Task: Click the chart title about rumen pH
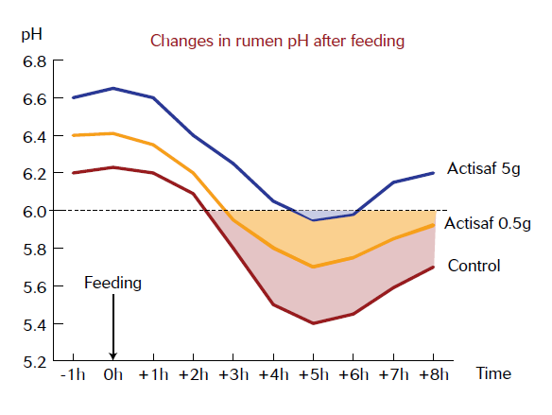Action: [x=277, y=42]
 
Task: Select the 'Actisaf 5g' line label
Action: [x=483, y=168]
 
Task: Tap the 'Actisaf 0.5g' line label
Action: [x=488, y=223]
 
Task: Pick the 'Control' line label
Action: [x=474, y=266]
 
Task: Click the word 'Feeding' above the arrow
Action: [x=112, y=283]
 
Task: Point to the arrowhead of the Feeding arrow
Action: [x=113, y=359]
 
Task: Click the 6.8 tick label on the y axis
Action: [x=34, y=62]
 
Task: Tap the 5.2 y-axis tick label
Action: [x=34, y=363]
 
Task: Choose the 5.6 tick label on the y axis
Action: [x=34, y=287]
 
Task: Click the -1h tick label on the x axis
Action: [x=73, y=374]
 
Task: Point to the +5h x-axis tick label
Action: [x=313, y=374]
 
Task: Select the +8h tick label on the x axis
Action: [x=433, y=374]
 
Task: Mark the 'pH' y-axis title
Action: [x=32, y=35]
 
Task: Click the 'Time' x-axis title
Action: [x=493, y=373]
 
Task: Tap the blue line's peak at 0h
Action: [x=113, y=88]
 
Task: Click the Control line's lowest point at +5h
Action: [x=313, y=323]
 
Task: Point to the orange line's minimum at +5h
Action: [x=313, y=267]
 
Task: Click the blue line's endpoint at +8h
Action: [x=433, y=173]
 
